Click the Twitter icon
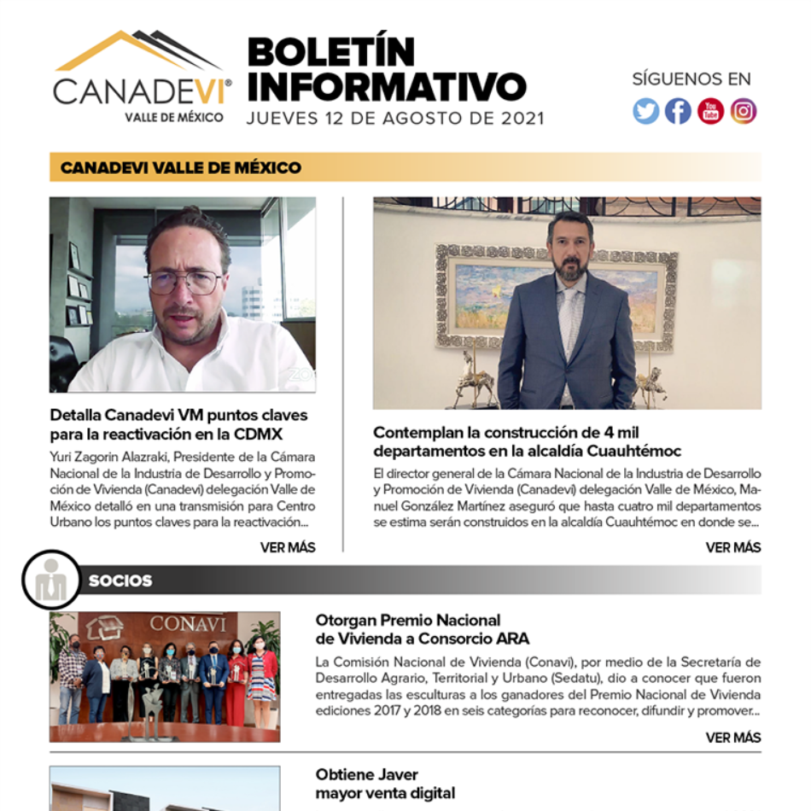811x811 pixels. (x=646, y=112)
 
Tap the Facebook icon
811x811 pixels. (x=679, y=112)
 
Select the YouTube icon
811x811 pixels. (x=710, y=112)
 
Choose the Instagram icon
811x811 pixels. (x=743, y=112)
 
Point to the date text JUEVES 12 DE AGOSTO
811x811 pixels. (x=394, y=119)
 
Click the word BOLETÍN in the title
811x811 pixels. (x=331, y=53)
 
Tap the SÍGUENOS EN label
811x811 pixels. (x=691, y=79)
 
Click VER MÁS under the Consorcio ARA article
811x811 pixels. (x=732, y=738)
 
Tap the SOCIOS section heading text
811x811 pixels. (x=120, y=581)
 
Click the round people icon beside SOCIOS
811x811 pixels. (x=51, y=581)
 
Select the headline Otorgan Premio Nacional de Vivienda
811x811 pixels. (x=422, y=629)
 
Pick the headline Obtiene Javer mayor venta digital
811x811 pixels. (x=385, y=784)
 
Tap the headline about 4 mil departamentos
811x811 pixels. (x=527, y=441)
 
